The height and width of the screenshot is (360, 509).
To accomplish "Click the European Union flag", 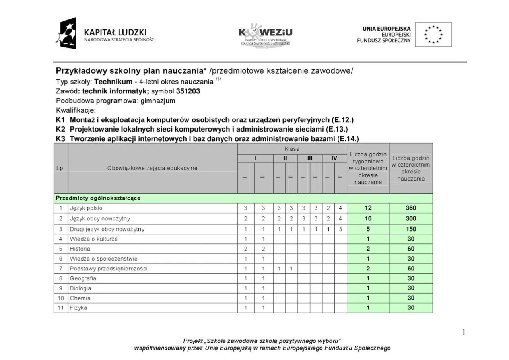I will coord(433,35).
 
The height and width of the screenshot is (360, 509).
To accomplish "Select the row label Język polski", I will coord(86,208).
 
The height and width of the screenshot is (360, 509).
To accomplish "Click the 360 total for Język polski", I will coord(411,208).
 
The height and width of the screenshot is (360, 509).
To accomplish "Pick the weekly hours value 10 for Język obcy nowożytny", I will coord(368,218).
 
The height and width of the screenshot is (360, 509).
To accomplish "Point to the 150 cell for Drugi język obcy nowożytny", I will coord(411,229).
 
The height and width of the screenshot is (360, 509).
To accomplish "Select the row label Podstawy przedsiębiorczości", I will coord(109,269).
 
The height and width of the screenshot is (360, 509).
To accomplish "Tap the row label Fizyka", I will coord(78,308).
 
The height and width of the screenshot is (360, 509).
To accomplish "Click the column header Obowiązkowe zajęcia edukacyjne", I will coord(152,168).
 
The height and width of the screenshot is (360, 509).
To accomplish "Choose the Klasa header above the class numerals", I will coord(292,148).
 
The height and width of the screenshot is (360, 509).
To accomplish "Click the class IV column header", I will coord(334,158).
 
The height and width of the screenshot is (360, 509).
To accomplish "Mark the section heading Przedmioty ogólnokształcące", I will coord(98,198).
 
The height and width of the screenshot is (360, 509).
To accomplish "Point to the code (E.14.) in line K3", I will coord(348,139).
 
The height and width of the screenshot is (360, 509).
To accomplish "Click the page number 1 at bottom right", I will coord(464,332).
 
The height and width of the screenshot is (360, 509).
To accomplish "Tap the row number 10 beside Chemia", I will coord(61,298).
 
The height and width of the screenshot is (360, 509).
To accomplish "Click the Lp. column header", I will coord(60,168).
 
